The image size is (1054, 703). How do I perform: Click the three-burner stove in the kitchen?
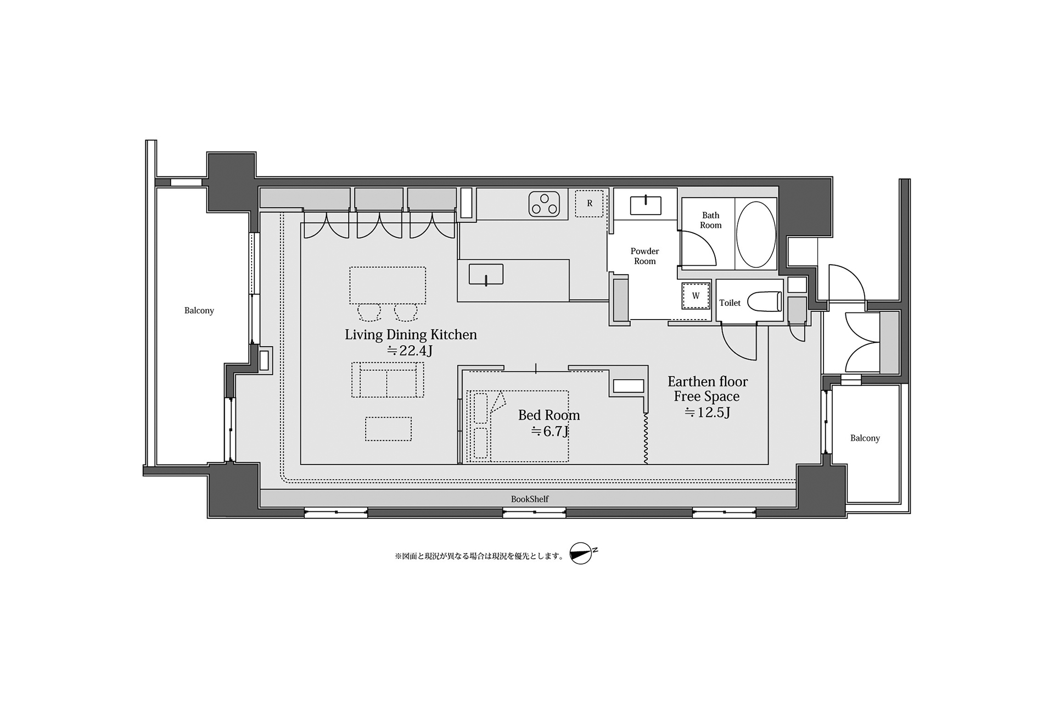coord(544,203)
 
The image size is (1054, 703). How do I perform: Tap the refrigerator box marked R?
coord(589,203)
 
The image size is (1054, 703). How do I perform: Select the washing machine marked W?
coord(696,295)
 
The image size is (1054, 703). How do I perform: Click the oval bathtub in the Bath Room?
coord(756,235)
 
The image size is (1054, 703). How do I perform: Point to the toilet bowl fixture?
coord(765,302)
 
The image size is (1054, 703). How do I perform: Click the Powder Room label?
coord(645,256)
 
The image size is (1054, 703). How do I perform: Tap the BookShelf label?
coord(530,499)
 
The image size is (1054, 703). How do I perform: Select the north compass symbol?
coord(583,554)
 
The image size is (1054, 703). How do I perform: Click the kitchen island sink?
coord(486,275)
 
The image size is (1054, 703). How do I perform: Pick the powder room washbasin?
coord(646,205)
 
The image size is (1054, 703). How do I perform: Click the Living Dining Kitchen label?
coord(411,334)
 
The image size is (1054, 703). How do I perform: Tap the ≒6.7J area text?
coord(550,431)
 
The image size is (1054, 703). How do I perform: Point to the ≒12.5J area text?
coord(707,412)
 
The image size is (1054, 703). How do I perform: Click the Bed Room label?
coord(549,415)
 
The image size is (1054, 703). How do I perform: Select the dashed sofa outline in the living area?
coord(388,380)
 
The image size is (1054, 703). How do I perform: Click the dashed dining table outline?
coord(388,286)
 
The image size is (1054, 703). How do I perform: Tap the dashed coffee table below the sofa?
coord(389,429)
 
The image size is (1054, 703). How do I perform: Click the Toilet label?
coord(730,303)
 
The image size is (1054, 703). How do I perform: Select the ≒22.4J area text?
coord(410,350)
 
